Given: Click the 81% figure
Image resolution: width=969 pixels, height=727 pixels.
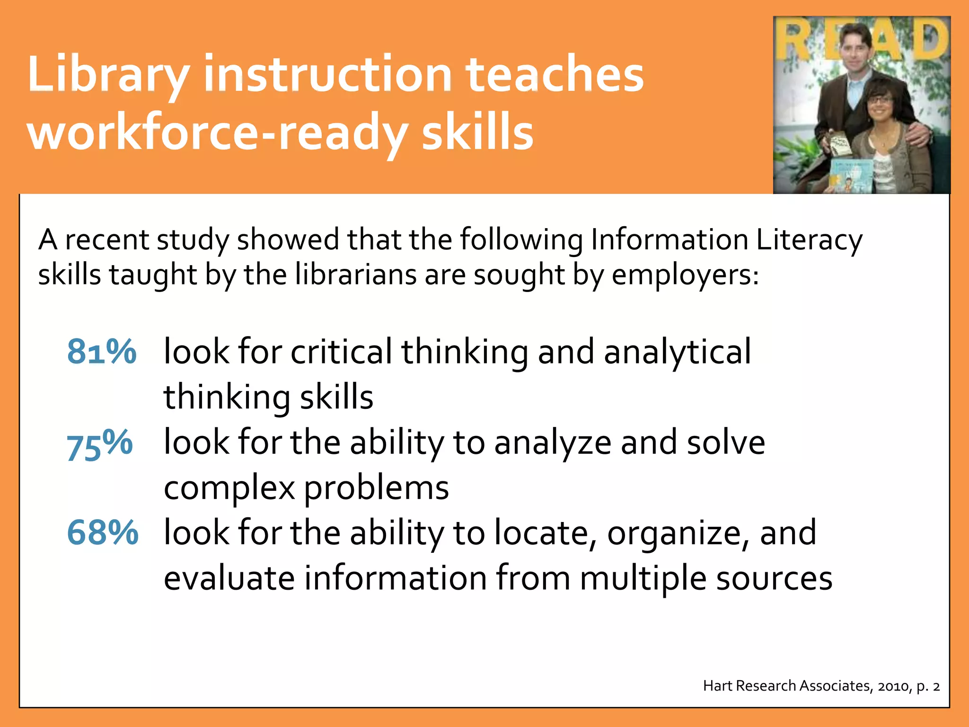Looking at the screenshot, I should [101, 352].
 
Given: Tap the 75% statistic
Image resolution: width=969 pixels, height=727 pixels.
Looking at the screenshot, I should [99, 444].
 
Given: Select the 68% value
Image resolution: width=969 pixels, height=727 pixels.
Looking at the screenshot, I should [102, 533].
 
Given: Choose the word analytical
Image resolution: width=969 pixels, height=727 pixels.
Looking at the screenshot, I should [677, 353].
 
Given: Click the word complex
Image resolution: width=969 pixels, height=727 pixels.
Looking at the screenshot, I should [229, 488].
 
